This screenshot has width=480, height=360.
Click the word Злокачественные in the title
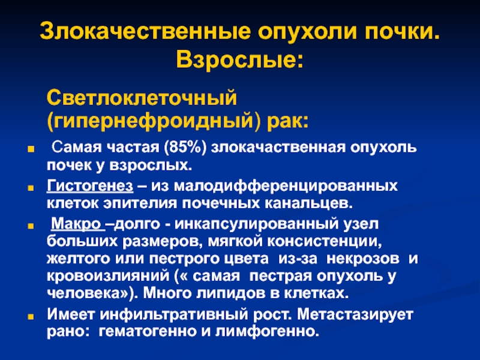(x=145, y=31)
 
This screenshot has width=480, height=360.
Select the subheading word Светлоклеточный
(x=142, y=98)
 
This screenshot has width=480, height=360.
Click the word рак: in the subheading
(x=287, y=121)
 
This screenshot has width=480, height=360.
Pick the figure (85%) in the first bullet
(x=185, y=148)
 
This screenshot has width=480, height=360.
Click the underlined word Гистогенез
(x=90, y=186)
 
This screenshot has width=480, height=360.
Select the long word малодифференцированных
(x=286, y=187)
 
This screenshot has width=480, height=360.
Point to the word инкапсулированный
(x=257, y=224)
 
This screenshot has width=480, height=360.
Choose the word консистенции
(x=324, y=242)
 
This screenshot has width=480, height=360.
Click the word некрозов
(x=363, y=259)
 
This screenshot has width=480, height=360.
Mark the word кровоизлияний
(x=108, y=275)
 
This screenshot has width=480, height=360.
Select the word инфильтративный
(x=173, y=314)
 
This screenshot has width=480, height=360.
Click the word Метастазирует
(x=355, y=314)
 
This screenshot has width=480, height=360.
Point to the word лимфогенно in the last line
(x=265, y=332)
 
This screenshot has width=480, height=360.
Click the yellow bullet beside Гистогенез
(x=31, y=188)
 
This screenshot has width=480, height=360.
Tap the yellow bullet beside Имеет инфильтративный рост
(x=31, y=316)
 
